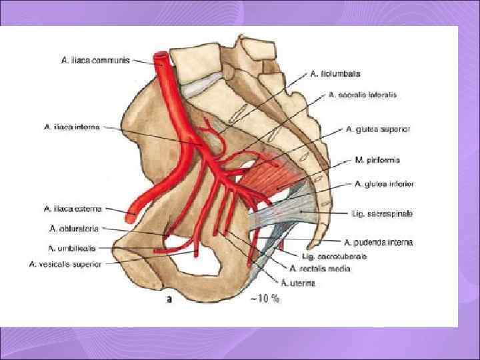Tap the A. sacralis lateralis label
363,95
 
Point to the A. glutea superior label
378,129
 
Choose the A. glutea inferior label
383,183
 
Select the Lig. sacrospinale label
383,213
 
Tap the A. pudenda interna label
378,243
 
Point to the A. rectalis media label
316,269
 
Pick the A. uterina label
297,283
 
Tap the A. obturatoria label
74,228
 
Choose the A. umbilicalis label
71,248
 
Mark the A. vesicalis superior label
65,264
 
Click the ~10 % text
265,300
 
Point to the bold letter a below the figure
169,300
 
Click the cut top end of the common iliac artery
161,59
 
